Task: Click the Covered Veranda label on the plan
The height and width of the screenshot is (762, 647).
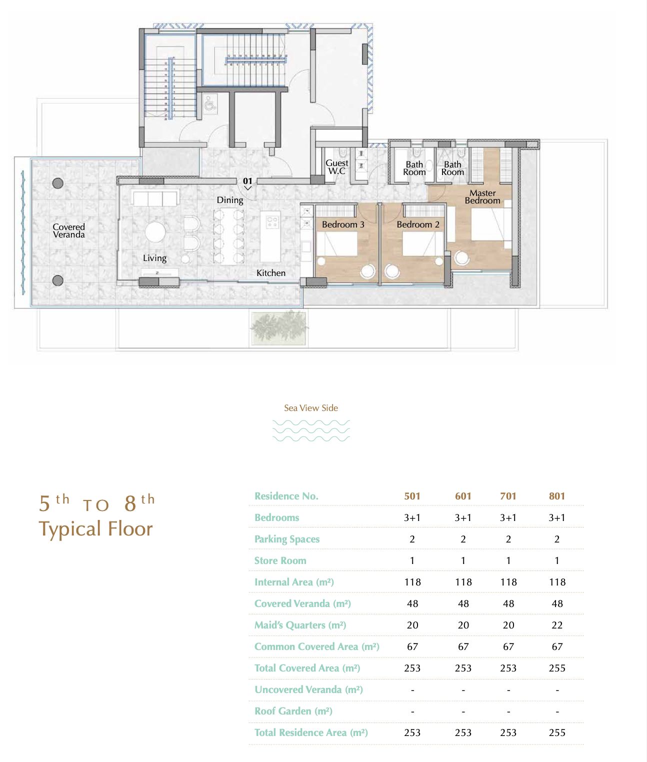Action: click(x=68, y=231)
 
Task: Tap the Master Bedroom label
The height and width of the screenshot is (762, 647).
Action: click(x=482, y=197)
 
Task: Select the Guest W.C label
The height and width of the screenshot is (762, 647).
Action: click(x=336, y=166)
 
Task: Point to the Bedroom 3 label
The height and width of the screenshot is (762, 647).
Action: click(x=343, y=224)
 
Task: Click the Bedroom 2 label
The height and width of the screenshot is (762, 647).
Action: click(x=418, y=224)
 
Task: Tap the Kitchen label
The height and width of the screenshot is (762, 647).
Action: click(x=271, y=273)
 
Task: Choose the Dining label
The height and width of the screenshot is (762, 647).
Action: click(x=230, y=200)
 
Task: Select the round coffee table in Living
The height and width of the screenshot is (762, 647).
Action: click(x=155, y=232)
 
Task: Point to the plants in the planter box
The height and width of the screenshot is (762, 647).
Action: click(x=279, y=327)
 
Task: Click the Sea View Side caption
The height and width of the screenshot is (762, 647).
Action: click(x=311, y=407)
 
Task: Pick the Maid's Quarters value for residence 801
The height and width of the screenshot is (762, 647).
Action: click(x=557, y=625)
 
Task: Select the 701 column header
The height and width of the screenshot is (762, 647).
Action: click(x=508, y=496)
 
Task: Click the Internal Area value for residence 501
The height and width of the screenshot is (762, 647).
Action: click(x=412, y=581)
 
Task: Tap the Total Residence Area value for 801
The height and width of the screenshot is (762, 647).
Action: click(x=557, y=732)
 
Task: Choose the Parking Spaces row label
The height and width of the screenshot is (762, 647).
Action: click(x=287, y=539)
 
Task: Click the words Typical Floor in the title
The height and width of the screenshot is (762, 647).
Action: click(x=95, y=529)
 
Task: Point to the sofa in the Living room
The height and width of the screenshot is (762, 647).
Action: click(x=155, y=198)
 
